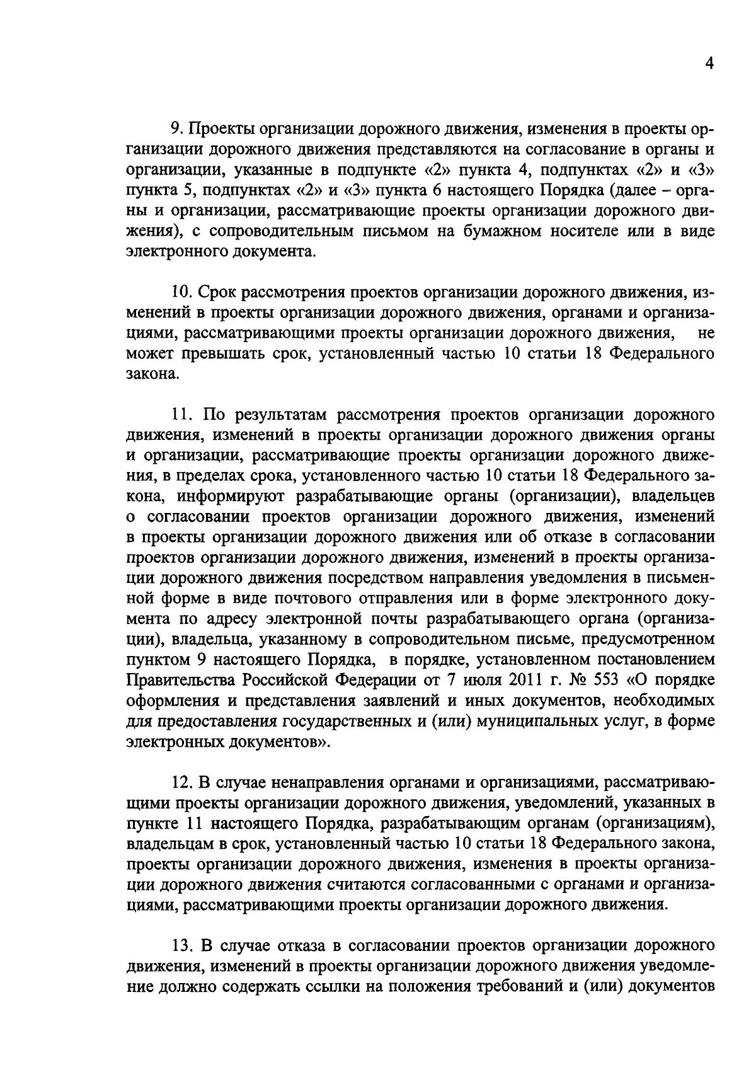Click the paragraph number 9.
click(x=176, y=130)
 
